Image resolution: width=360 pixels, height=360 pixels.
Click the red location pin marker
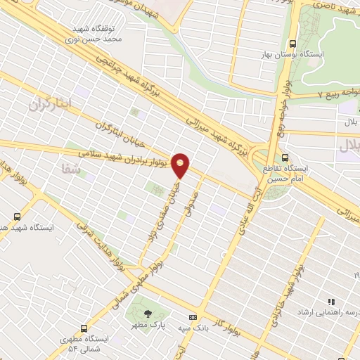click(181, 165)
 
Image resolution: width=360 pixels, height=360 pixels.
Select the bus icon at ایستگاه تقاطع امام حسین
click(285, 157)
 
